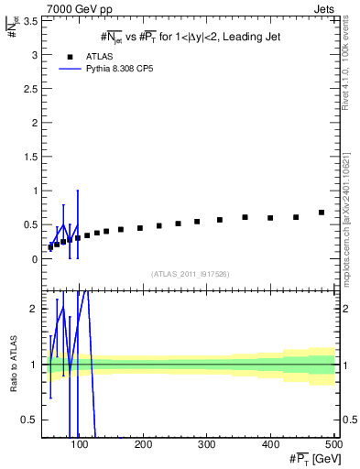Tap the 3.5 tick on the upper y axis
click(31, 21)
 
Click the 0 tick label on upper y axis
click(35, 259)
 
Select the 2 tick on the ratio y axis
click(35, 309)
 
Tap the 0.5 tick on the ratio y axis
click(31, 420)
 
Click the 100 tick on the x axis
click(80, 445)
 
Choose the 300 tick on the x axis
click(207, 445)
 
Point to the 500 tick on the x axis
click(333, 445)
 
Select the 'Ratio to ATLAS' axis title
click(12, 362)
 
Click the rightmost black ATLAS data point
click(322, 213)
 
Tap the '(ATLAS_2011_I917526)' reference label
click(190, 274)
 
